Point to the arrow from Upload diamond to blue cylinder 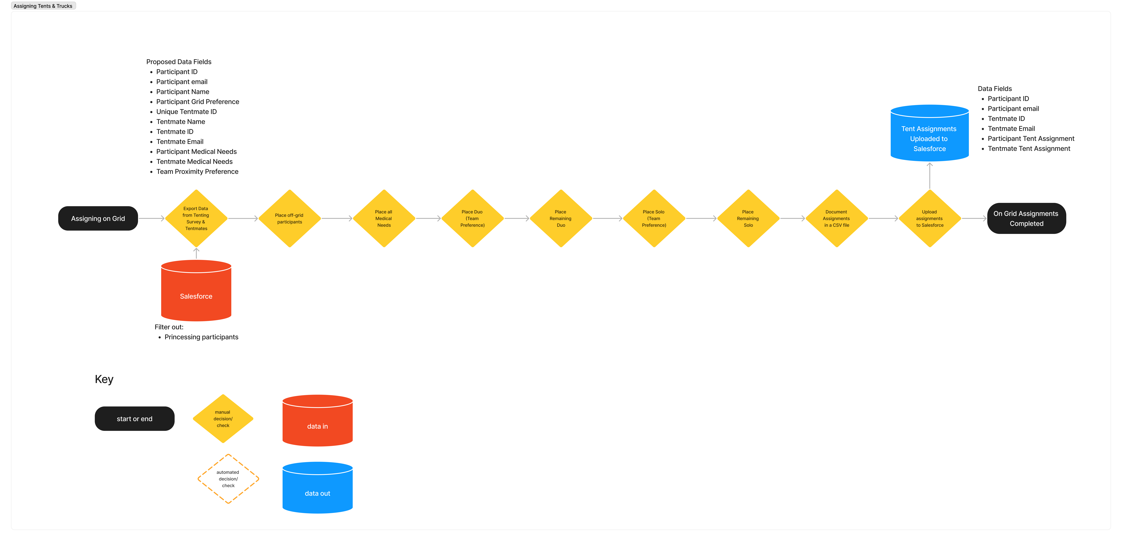pyautogui.click(x=930, y=176)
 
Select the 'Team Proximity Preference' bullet pyautogui.click(x=197, y=172)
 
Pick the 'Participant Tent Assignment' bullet pyautogui.click(x=1031, y=139)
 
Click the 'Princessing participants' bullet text pyautogui.click(x=201, y=337)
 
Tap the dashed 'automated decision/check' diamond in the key pyautogui.click(x=228, y=479)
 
